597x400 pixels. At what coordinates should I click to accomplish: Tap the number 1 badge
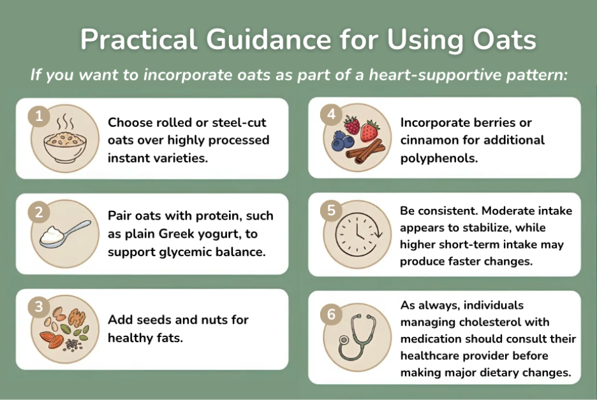tap(39, 116)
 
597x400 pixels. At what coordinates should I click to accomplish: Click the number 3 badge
tap(39, 307)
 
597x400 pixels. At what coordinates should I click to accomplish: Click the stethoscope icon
tap(356, 338)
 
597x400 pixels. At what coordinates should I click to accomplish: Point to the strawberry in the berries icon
tap(369, 131)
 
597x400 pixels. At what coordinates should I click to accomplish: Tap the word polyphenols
tap(439, 158)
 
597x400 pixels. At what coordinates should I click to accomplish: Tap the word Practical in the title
tap(136, 40)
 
